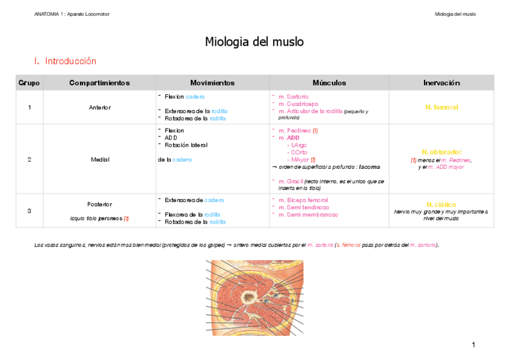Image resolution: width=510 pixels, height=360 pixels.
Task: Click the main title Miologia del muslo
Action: coord(254,42)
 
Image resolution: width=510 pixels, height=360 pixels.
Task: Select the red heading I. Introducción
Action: coord(66,61)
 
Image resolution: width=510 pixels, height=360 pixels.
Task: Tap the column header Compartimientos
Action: coord(99,83)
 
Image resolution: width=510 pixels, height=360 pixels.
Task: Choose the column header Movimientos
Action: coord(212,83)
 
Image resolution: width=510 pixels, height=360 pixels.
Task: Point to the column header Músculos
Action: coord(329,83)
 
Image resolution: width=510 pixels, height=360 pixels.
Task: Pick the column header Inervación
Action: coord(441,83)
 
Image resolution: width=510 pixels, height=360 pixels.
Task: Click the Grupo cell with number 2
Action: coord(29,159)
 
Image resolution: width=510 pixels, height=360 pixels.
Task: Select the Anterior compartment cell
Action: coord(99,108)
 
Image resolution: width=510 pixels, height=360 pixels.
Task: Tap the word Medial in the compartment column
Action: coord(99,159)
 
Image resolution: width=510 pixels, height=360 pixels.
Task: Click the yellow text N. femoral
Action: coord(441,108)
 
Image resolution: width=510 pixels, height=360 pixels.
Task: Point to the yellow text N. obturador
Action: coord(441,152)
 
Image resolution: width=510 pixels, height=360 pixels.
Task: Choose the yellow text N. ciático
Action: coord(441,204)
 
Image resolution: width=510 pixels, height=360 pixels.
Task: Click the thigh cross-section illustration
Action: coord(255,297)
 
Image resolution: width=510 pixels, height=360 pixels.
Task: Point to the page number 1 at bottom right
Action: coord(473,344)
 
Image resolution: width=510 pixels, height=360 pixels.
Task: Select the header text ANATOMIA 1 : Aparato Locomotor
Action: coord(72,14)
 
